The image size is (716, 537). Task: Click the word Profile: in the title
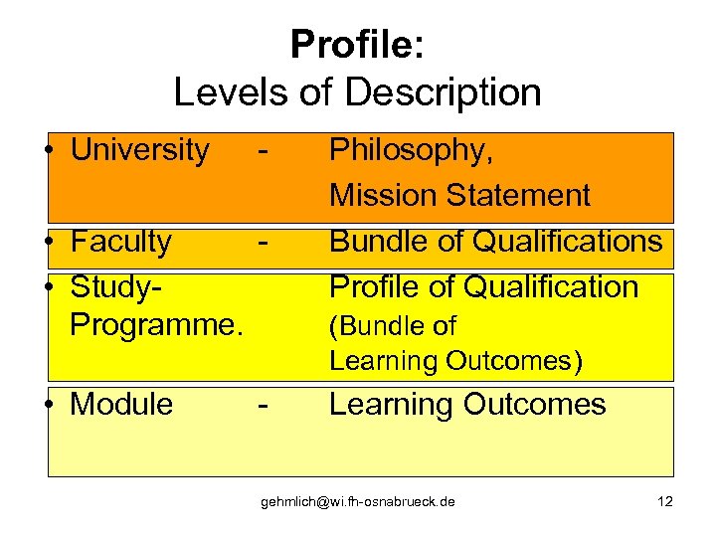[357, 45]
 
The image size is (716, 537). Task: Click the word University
[140, 150]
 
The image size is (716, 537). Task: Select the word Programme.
[156, 322]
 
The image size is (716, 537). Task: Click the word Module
[121, 405]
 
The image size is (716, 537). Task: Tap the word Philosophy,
[411, 151]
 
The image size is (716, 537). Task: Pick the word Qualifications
[570, 241]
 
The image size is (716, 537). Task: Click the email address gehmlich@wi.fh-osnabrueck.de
[358, 501]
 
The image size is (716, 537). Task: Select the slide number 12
[665, 501]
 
